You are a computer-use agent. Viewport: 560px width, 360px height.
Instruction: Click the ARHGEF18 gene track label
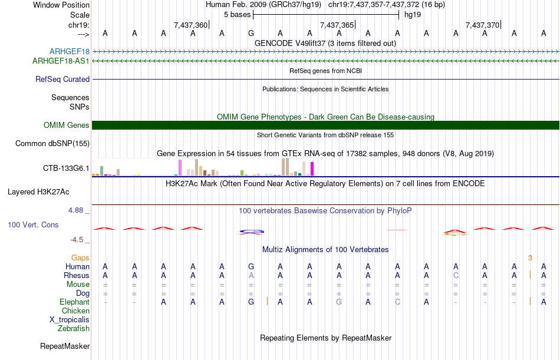70,52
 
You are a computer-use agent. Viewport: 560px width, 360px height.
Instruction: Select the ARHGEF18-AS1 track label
61,61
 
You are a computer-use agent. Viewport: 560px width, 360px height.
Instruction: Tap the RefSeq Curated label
62,79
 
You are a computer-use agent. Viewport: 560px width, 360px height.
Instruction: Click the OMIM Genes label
66,125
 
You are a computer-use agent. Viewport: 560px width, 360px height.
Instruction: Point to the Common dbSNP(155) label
52,143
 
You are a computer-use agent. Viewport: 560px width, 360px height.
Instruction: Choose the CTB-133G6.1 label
66,169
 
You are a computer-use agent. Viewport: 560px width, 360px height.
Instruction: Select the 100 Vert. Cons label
33,224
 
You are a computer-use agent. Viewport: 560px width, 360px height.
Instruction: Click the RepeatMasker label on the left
65,346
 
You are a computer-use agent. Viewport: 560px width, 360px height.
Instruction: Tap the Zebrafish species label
74,328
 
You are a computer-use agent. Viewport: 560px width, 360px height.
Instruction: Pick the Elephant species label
74,302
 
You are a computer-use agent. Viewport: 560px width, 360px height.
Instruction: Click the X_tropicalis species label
70,319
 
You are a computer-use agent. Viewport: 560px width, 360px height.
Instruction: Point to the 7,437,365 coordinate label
337,25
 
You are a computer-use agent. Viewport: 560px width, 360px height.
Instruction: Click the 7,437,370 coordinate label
482,25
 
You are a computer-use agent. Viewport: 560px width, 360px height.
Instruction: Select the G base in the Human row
251,266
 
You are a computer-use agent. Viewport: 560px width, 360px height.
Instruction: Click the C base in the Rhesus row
456,275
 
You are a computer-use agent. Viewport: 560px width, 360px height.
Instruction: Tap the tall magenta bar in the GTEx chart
312,168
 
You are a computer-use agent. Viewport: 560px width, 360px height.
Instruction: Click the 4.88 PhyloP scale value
77,210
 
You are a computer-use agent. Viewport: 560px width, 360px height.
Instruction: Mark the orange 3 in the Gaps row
530,257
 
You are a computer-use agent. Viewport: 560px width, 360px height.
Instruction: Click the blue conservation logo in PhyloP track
251,232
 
